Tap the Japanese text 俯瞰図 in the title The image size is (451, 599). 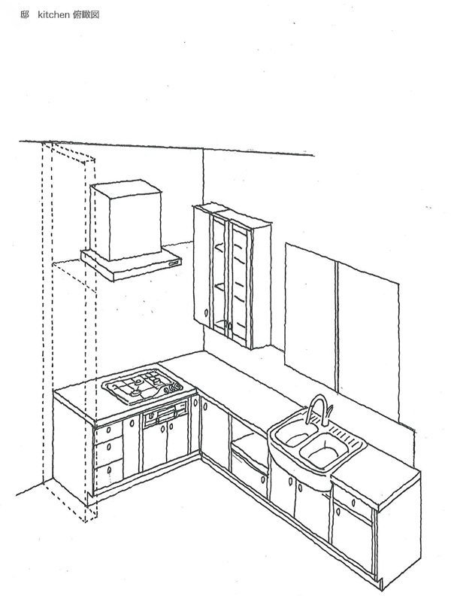tap(86, 14)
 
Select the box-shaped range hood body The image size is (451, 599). tap(126, 220)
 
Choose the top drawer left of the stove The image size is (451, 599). tap(107, 433)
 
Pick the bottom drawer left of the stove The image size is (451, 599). tap(109, 474)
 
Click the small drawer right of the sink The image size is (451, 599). tap(352, 500)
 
